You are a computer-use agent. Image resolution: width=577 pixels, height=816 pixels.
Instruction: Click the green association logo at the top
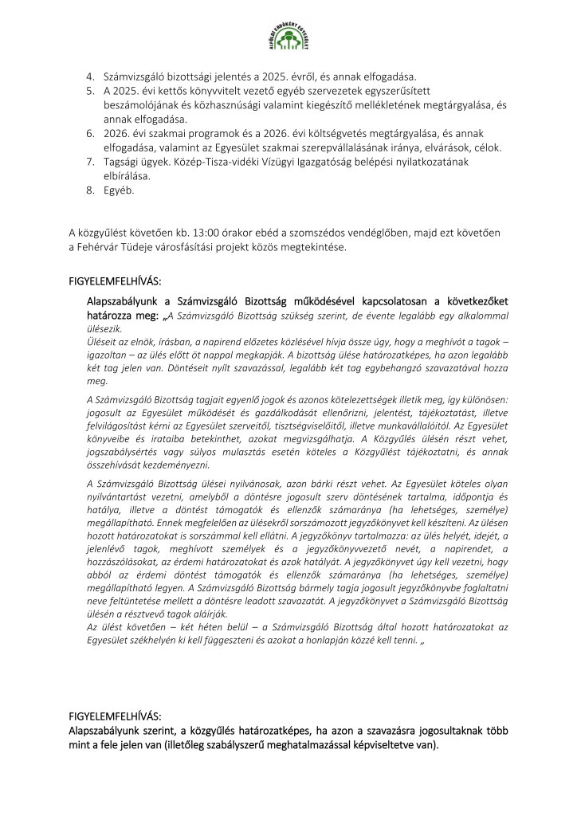pyautogui.click(x=288, y=40)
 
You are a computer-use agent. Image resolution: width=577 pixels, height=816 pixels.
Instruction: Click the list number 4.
pyautogui.click(x=90, y=76)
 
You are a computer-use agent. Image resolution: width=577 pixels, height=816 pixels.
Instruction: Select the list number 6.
pyautogui.click(x=90, y=132)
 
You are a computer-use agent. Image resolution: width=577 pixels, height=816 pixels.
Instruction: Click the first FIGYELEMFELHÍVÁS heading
pyautogui.click(x=116, y=282)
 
